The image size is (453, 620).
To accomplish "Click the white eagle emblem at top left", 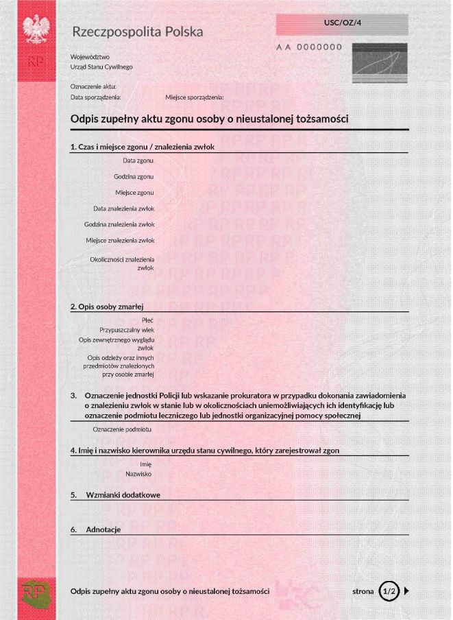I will [x=36, y=29].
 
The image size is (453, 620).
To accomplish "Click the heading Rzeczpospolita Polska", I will [x=137, y=32].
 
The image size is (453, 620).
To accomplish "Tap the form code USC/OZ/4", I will [x=342, y=23].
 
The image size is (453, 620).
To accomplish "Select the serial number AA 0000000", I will [x=308, y=47].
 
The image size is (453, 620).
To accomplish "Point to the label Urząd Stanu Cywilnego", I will [x=101, y=67].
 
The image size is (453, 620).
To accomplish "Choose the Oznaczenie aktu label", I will [x=93, y=87].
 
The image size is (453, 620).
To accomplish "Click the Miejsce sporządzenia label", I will [x=195, y=97].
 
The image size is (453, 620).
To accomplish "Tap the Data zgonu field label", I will [x=138, y=160].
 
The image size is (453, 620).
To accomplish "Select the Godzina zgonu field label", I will [x=134, y=176].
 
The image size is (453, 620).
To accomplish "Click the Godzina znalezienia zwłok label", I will [x=119, y=224].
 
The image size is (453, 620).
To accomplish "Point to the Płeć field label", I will [x=147, y=320].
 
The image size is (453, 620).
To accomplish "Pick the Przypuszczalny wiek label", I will [x=127, y=330].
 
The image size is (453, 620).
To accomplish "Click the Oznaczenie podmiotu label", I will [x=122, y=429].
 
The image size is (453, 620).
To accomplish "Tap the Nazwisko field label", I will [x=138, y=474].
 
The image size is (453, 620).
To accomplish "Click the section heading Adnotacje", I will [x=103, y=529].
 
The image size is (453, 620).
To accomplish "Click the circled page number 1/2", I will [x=389, y=591].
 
